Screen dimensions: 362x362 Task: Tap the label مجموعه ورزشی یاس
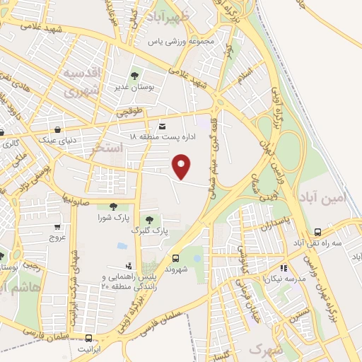(181, 41)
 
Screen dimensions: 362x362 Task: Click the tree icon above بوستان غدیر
(134, 76)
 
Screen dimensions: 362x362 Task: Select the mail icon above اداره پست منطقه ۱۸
(163, 123)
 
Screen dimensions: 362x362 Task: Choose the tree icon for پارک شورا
(113, 206)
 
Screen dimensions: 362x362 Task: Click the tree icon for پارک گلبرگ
(148, 219)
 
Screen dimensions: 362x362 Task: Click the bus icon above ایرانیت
(89, 338)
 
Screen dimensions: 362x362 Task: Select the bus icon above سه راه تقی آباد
(318, 231)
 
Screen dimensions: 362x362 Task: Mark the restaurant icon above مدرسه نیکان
(284, 268)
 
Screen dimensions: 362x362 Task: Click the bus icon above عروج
(57, 228)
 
